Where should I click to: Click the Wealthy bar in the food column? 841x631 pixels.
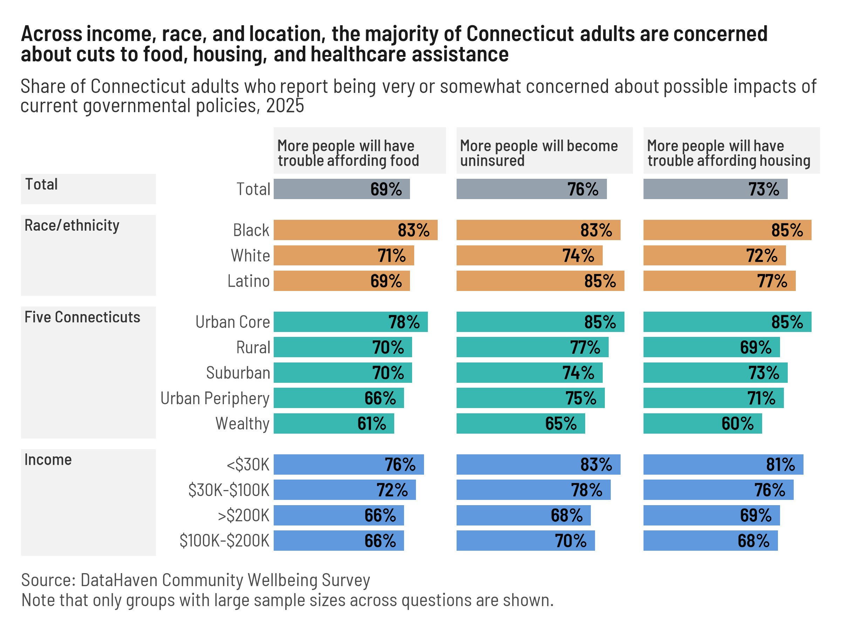point(334,423)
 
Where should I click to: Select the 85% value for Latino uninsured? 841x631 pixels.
point(600,281)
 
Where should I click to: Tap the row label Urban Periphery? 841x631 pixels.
point(215,398)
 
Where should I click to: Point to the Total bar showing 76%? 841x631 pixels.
point(531,189)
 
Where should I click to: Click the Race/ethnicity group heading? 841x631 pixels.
point(72,225)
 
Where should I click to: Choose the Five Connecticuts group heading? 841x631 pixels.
point(82,317)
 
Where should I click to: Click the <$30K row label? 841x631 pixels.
point(247,464)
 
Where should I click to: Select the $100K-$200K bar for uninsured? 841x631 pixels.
point(525,541)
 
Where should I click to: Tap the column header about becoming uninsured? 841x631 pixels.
point(538,153)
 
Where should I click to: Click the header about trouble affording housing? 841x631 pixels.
point(728,153)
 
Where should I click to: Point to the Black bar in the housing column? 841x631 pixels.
point(727,230)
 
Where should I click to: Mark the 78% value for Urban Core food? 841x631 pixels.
point(403,322)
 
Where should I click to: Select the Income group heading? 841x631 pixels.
point(48,460)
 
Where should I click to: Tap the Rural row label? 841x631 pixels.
point(253,347)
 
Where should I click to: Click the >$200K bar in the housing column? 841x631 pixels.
point(711,515)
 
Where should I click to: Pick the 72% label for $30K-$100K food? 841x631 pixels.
point(392,490)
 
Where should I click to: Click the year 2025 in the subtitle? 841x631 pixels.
point(285,106)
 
